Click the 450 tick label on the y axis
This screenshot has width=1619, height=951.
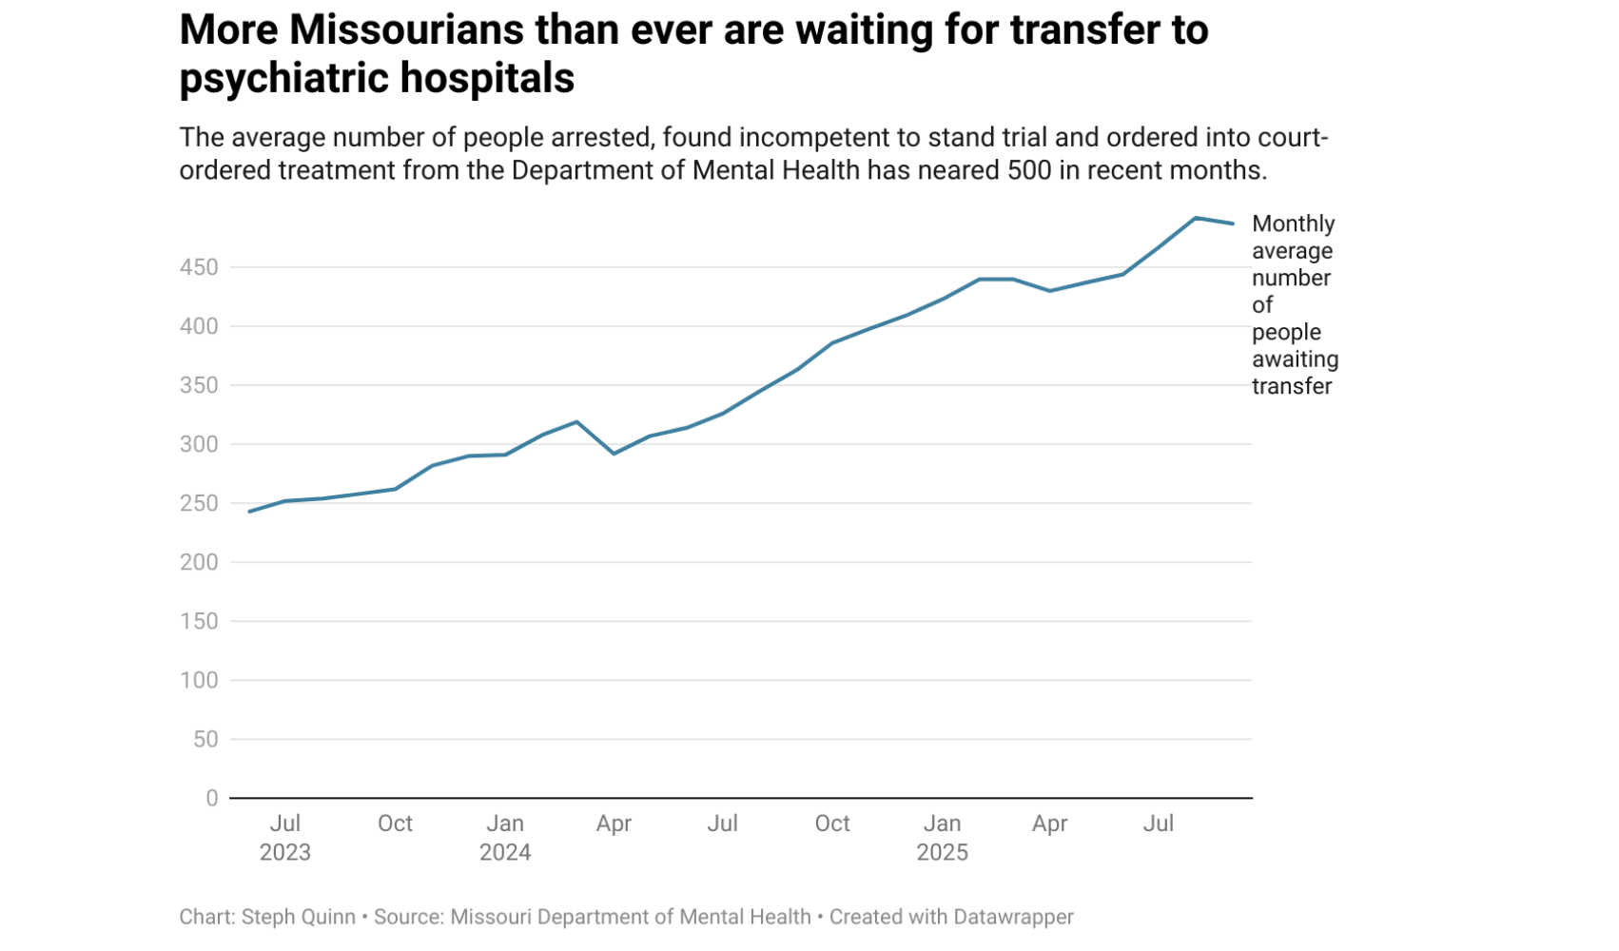coord(199,267)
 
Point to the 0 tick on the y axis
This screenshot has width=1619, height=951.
coord(212,799)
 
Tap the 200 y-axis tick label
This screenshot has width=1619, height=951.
coord(199,562)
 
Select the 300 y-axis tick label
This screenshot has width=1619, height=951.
coord(199,444)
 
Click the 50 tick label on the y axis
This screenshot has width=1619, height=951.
coord(205,739)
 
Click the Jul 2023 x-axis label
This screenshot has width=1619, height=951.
coord(285,837)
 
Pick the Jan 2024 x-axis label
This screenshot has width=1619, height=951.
coord(505,837)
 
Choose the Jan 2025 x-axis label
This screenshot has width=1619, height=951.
coord(942,837)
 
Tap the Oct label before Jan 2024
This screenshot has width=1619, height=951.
coord(395,824)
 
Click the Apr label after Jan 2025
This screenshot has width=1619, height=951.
coord(1050,824)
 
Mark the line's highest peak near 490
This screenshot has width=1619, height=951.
coord(1196,218)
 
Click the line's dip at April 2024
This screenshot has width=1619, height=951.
coord(614,454)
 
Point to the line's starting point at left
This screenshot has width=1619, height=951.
coord(249,512)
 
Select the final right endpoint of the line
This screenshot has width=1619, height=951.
coord(1234,223)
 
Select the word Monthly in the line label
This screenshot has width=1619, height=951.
coord(1293,223)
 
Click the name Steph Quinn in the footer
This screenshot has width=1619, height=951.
coord(298,917)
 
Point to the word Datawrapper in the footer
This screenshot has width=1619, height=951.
coord(1013,917)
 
